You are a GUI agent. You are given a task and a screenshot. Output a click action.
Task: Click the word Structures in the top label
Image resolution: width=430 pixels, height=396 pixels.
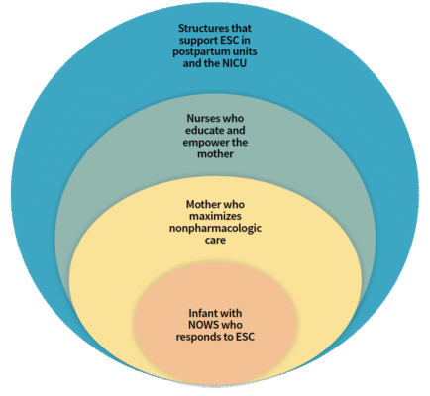202,28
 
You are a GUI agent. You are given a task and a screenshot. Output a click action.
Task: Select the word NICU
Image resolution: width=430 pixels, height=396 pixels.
234,63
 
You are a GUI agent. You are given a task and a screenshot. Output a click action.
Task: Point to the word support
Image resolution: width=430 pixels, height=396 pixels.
195,41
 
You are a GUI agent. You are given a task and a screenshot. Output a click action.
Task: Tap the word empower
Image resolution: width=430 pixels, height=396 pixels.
202,143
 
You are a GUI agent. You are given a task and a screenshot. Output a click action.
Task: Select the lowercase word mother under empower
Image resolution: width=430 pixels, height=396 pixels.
215,154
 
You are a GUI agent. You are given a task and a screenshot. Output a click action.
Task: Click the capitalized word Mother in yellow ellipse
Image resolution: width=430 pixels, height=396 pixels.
203,204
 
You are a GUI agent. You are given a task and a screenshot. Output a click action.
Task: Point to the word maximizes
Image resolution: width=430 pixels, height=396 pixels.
215,217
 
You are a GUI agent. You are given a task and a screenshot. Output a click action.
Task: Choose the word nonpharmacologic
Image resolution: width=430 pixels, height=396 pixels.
215,229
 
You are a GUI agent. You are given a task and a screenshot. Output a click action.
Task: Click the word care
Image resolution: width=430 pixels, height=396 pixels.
215,240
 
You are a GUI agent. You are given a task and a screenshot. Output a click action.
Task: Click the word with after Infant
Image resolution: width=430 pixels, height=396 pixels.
230,313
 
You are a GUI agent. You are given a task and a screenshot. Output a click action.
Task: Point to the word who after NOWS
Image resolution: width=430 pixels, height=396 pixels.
232,325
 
